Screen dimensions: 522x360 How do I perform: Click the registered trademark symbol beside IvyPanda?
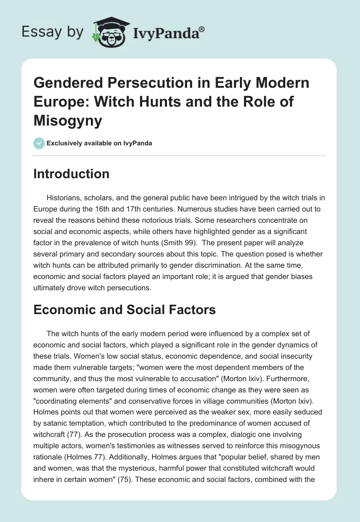202,29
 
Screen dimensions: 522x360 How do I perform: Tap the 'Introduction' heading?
71,174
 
